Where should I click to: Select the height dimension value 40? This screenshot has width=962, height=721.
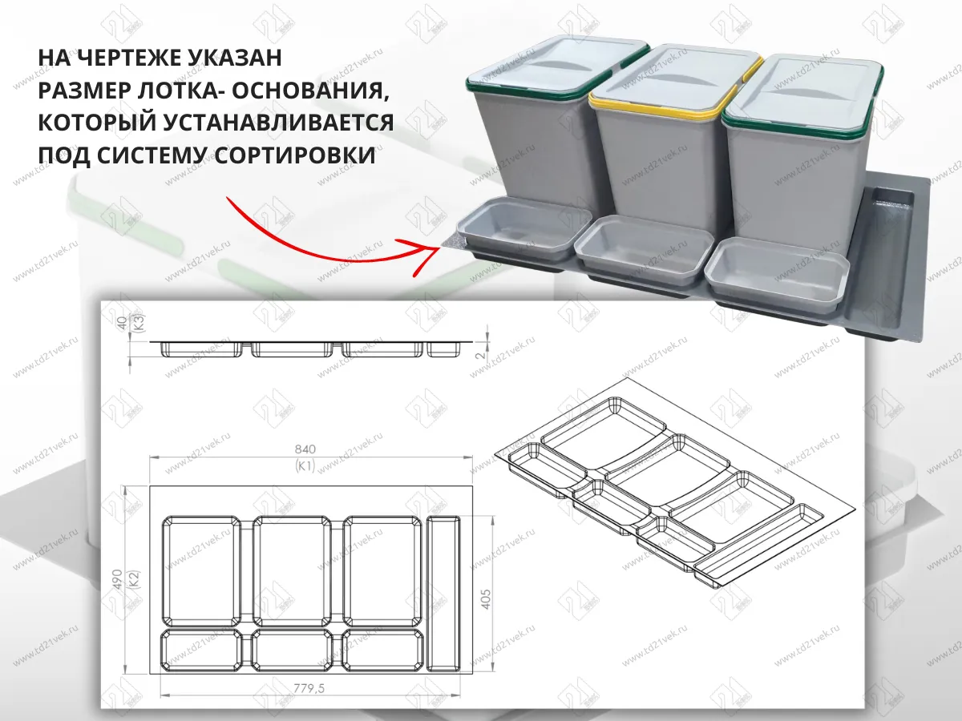[122, 324]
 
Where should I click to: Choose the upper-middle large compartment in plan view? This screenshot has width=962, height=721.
[293, 569]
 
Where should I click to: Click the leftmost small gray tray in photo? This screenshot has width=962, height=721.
[523, 228]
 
